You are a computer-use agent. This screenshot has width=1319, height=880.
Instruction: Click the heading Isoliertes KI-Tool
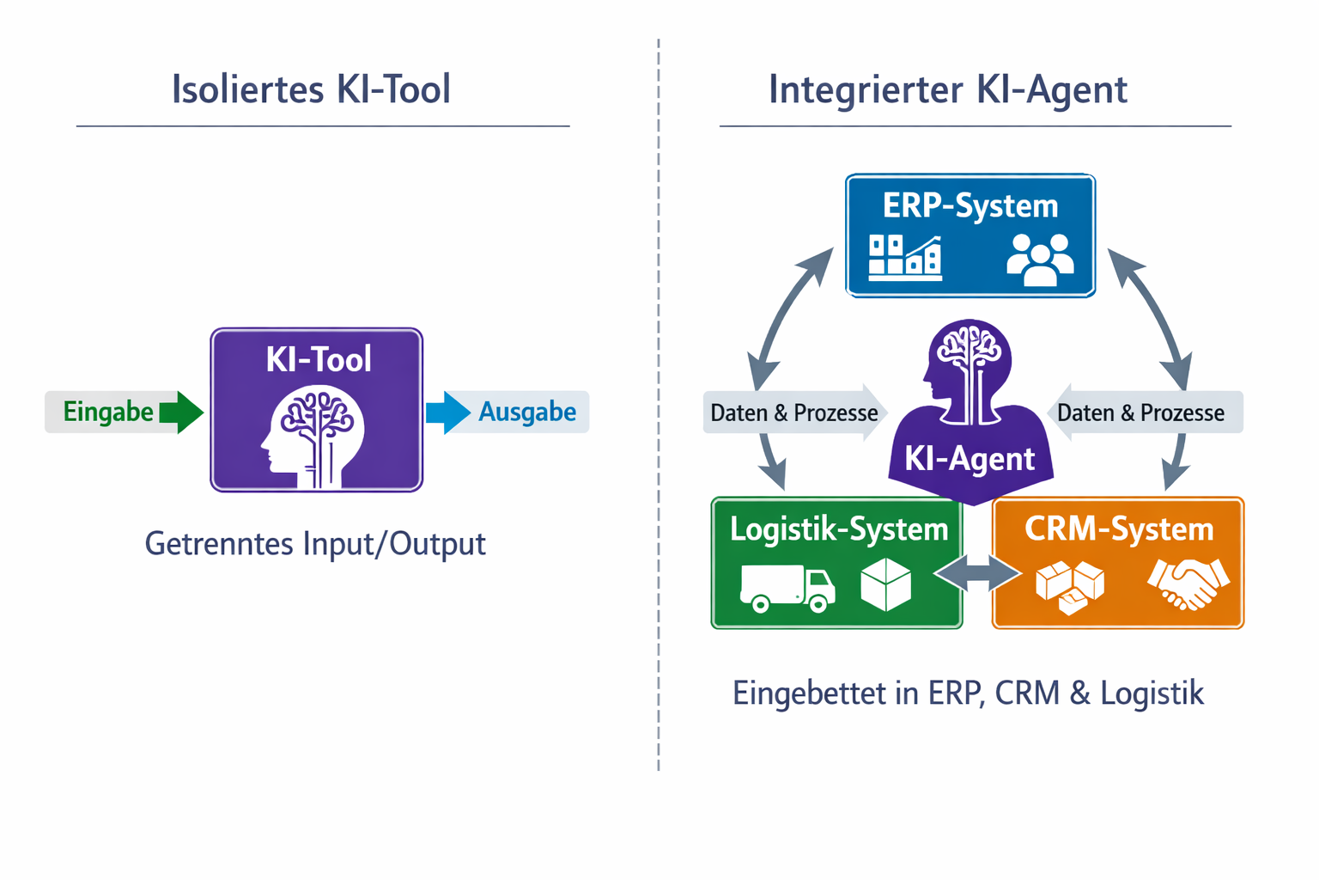pyautogui.click(x=311, y=89)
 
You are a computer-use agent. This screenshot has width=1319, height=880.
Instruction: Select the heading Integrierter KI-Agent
pyautogui.click(x=947, y=89)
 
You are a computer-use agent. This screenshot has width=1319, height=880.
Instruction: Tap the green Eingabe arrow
pyautogui.click(x=180, y=412)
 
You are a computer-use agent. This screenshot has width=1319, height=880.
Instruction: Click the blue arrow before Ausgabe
pyautogui.click(x=447, y=412)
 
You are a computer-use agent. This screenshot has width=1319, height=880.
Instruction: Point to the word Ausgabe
pyautogui.click(x=527, y=412)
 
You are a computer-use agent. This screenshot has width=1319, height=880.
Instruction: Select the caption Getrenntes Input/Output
pyautogui.click(x=314, y=543)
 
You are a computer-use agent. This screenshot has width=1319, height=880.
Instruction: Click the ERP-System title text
pyautogui.click(x=970, y=206)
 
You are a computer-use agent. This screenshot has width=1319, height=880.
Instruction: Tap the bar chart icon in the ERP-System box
pyautogui.click(x=904, y=258)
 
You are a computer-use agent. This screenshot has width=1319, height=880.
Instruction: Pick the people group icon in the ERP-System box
pyautogui.click(x=1040, y=260)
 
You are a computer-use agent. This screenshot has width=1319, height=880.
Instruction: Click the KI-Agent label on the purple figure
pyautogui.click(x=969, y=459)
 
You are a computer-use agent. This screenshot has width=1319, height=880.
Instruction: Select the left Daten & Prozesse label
pyautogui.click(x=793, y=413)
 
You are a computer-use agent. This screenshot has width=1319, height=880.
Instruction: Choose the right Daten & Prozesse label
pyautogui.click(x=1140, y=413)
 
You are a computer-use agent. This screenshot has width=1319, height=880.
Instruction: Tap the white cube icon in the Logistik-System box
pyautogui.click(x=885, y=584)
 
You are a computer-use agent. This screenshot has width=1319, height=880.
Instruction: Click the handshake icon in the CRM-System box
pyautogui.click(x=1188, y=584)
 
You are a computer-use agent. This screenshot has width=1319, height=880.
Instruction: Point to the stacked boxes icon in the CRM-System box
pyautogui.click(x=1069, y=588)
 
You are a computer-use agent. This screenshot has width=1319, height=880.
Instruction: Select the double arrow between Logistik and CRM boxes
pyautogui.click(x=977, y=573)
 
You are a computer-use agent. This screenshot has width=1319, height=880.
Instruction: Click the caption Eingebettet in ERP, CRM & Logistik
pyautogui.click(x=968, y=693)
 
